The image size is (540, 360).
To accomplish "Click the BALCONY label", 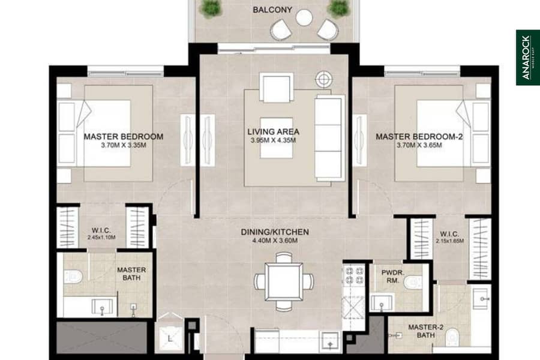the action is tap(272, 10).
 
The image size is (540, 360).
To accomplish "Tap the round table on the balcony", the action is tap(304, 17).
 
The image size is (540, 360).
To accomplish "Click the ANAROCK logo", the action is tap(527, 58).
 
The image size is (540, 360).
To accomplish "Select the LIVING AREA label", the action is tap(273, 131).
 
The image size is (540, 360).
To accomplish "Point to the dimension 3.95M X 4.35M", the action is tap(273, 140).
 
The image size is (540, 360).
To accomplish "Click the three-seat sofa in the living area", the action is tap(329, 138).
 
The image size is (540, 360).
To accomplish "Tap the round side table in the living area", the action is tap(324, 79).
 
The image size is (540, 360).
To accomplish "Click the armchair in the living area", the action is tap(277, 87).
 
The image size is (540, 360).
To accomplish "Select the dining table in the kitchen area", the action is tap(284, 281).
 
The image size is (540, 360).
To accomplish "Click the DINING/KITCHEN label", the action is tap(274, 232).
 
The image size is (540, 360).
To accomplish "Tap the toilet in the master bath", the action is tap(73, 276).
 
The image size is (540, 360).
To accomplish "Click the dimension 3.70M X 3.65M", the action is tap(419, 145).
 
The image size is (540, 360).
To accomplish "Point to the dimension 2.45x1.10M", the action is tap(101, 238).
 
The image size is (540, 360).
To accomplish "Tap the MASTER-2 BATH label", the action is tap(425, 331).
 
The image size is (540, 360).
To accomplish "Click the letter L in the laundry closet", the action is tap(170, 339).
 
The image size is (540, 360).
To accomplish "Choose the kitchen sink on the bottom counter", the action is tap(330, 342).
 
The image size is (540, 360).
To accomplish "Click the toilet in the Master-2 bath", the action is tap(452, 337).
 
